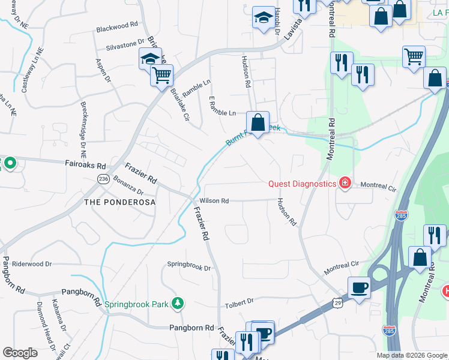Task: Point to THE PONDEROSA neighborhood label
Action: point(120,202)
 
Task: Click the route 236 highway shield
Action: point(103,179)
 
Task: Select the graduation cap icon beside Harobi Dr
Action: point(263,19)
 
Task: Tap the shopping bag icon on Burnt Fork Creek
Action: point(258,123)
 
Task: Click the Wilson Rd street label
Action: point(214,200)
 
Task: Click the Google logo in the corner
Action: point(20,353)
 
